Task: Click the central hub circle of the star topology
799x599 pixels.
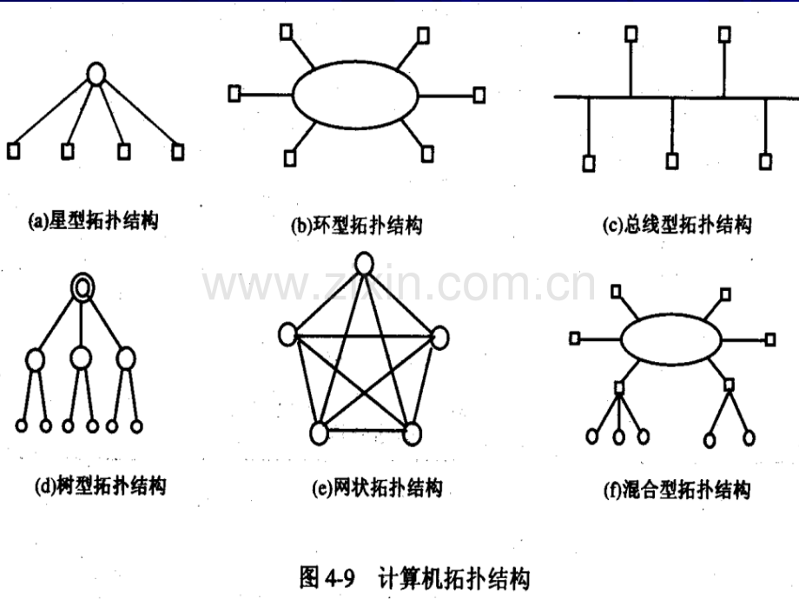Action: coord(96,74)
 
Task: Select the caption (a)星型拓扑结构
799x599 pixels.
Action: coord(93,221)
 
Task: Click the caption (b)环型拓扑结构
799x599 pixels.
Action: coord(356,225)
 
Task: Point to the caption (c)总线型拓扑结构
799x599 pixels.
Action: coord(677,224)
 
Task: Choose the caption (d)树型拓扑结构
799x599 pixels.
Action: coord(100,486)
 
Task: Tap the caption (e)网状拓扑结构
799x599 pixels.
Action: coord(377,488)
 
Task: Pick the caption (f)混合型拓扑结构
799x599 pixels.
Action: coord(677,490)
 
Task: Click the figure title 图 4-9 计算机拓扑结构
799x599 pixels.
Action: coord(414,578)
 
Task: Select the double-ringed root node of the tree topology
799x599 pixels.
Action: coord(83,288)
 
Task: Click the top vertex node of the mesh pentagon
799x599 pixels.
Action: coord(364,265)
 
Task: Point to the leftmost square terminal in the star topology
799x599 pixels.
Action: coord(13,151)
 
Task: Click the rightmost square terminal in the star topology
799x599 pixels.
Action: coord(177,152)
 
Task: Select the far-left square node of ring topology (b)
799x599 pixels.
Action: coord(234,93)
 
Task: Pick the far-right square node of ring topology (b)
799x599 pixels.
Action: coord(479,95)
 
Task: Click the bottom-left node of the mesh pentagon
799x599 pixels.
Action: coord(319,433)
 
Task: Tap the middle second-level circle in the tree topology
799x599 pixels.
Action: coord(81,358)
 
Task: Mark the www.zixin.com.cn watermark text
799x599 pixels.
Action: coord(399,283)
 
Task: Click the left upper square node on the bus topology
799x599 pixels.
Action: coord(631,34)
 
